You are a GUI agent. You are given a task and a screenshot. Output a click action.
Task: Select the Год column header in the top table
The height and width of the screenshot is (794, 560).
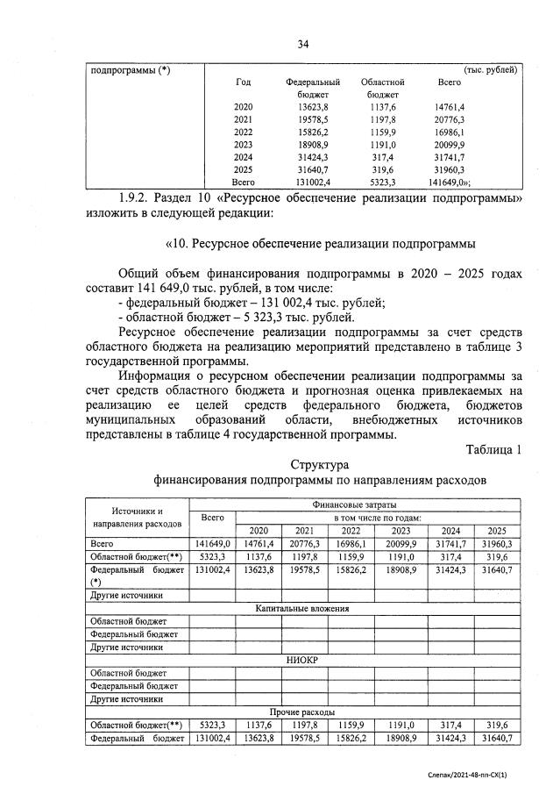(244, 82)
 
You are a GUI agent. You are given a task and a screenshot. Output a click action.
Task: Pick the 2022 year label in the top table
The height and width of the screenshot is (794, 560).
(244, 133)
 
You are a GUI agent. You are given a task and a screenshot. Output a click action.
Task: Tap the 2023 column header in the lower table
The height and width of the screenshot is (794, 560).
(400, 531)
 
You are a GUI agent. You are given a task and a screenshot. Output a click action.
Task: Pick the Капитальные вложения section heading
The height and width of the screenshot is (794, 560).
(303, 607)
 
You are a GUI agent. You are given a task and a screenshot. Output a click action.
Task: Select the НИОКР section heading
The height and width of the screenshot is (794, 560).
(303, 659)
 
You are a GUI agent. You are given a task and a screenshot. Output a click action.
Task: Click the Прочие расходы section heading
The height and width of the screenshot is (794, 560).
(303, 712)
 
